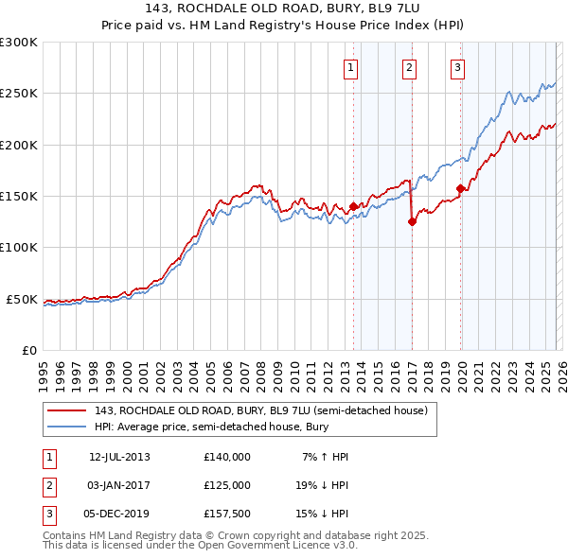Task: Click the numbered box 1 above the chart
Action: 350,67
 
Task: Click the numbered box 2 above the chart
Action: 409,67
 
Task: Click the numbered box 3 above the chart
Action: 457,67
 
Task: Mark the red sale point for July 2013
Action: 353,206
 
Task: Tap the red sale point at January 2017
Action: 412,222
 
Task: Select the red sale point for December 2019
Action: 461,188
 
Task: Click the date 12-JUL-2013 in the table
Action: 119,457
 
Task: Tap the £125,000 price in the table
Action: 226,484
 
